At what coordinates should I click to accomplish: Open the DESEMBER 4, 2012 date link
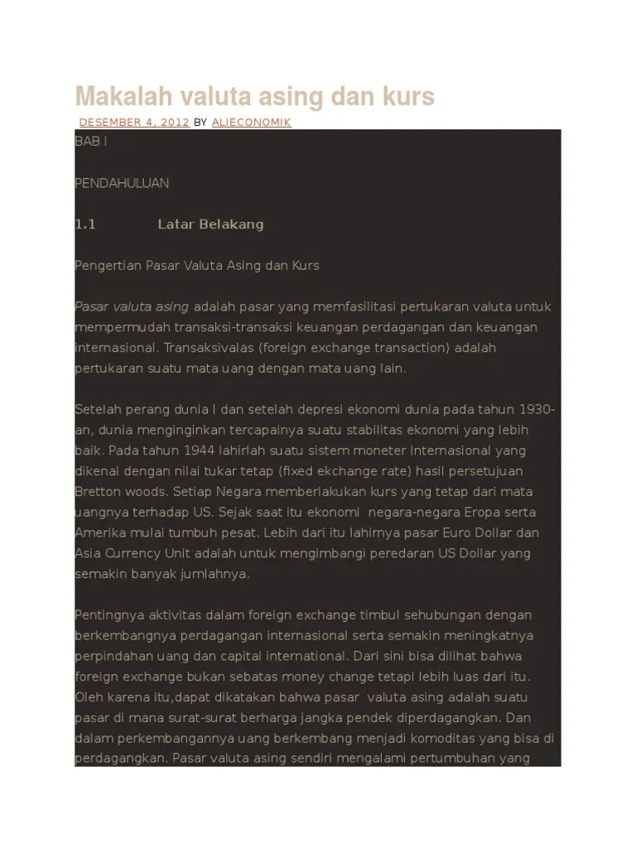click(x=134, y=123)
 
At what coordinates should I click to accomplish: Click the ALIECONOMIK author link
click(x=252, y=123)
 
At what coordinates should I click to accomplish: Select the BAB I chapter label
click(x=91, y=142)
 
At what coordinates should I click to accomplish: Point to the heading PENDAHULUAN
click(x=122, y=183)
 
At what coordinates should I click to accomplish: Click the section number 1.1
click(x=86, y=224)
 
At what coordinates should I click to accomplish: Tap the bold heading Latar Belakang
click(x=210, y=224)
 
